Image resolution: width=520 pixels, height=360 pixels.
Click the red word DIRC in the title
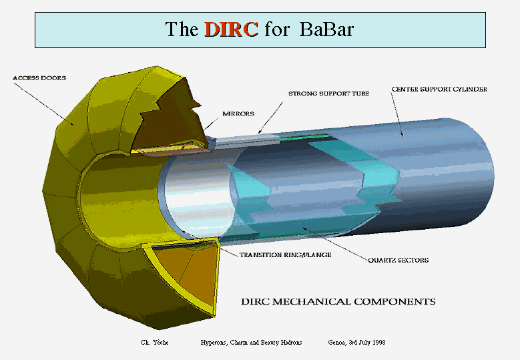pyautogui.click(x=231, y=29)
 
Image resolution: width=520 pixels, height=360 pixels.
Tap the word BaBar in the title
pyautogui.click(x=326, y=29)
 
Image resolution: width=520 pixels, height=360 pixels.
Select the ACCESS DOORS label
pyautogui.click(x=39, y=78)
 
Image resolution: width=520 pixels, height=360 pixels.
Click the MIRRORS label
pyautogui.click(x=238, y=114)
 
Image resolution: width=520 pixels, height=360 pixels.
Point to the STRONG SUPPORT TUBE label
pyautogui.click(x=328, y=94)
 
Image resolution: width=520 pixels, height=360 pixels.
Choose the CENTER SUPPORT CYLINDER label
pyautogui.click(x=439, y=89)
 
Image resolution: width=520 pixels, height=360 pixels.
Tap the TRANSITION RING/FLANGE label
pyautogui.click(x=286, y=255)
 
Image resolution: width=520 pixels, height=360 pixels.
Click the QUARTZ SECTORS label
pyautogui.click(x=399, y=260)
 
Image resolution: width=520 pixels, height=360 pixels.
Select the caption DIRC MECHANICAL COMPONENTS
pyautogui.click(x=338, y=302)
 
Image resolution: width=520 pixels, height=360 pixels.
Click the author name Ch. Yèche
pyautogui.click(x=155, y=343)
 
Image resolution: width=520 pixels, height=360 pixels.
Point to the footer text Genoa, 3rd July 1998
pyautogui.click(x=356, y=343)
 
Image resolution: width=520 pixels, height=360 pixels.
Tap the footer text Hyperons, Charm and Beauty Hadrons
pyautogui.click(x=251, y=343)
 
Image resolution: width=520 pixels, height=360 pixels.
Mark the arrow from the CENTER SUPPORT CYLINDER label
pyautogui.click(x=397, y=114)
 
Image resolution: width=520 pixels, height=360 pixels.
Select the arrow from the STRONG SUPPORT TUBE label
pyautogui.click(x=270, y=118)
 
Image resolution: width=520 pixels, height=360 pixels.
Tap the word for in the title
pyautogui.click(x=277, y=29)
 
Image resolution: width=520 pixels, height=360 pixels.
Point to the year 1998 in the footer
pyautogui.click(x=378, y=343)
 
